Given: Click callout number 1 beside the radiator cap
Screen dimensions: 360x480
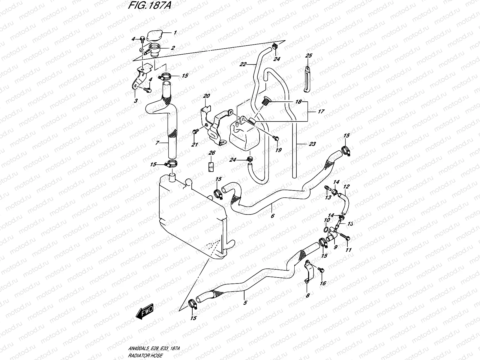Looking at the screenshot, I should coord(175,33).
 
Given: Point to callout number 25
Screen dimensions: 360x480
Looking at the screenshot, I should coord(309,56).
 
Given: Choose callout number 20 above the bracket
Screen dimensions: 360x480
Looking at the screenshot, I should coord(206,96).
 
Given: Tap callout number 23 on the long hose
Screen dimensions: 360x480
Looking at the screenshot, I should coord(312,144).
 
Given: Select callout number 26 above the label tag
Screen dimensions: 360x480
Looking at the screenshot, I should coord(212,153).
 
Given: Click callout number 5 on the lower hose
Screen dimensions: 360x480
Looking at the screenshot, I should coord(245,303).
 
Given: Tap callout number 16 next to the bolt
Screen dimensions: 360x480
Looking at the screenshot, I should coord(323,283).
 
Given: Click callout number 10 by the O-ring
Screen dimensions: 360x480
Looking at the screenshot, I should coord(325,221).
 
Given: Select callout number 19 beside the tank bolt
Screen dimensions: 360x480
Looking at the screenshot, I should coord(278,150).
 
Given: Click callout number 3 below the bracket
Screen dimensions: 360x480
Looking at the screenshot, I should coord(136,101).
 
